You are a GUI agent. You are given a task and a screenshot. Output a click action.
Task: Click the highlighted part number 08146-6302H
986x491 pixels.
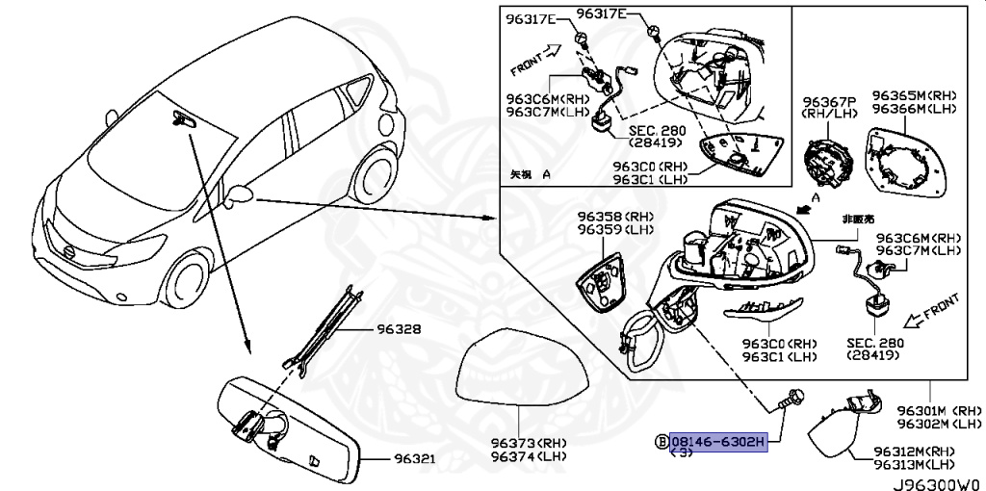click(x=718, y=441)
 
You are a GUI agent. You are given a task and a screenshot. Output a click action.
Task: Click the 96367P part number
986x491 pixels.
click(x=829, y=101)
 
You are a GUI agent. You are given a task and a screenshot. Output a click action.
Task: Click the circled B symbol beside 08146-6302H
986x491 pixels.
click(x=661, y=441)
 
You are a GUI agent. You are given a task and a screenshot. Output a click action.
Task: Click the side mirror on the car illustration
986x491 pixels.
click(x=241, y=195)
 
